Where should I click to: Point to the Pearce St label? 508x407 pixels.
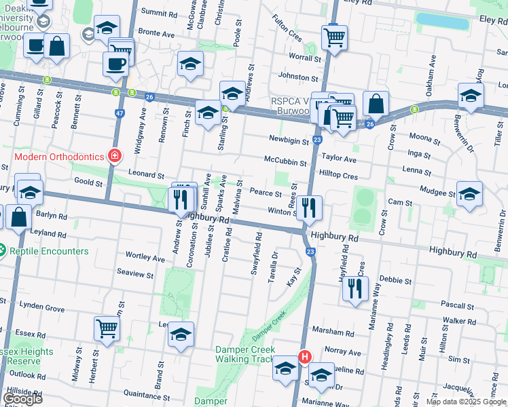(266, 193)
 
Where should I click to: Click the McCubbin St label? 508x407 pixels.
(285, 161)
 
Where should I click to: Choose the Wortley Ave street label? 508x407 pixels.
(145, 258)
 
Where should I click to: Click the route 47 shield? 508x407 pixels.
(120, 113)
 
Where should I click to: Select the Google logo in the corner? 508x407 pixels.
(22, 398)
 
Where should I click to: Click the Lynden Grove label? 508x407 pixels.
(42, 309)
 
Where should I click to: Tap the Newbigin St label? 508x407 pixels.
(289, 139)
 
